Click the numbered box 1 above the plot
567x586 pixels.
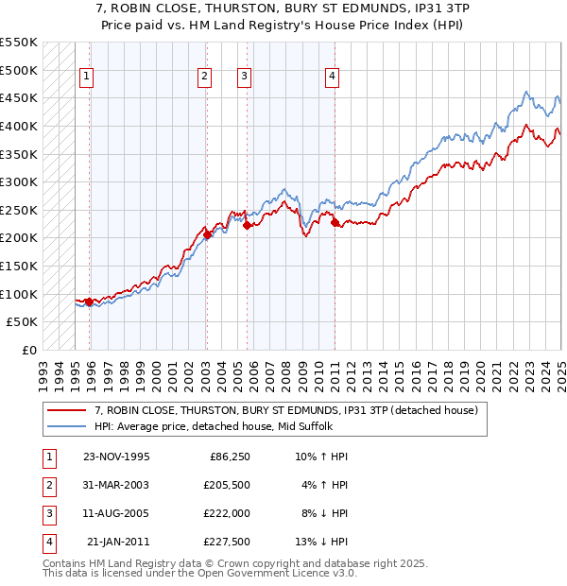click(x=86, y=78)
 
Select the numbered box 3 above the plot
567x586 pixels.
click(x=244, y=78)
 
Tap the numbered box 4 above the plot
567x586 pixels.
click(x=333, y=78)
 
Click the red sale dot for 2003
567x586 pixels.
click(x=207, y=234)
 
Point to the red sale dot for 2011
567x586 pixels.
click(x=335, y=222)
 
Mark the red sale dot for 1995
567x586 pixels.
click(x=89, y=302)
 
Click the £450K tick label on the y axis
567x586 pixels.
click(x=19, y=97)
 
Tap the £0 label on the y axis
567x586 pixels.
click(x=28, y=350)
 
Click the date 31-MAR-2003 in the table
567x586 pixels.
click(x=116, y=484)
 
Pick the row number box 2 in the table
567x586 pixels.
click(x=46, y=484)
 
